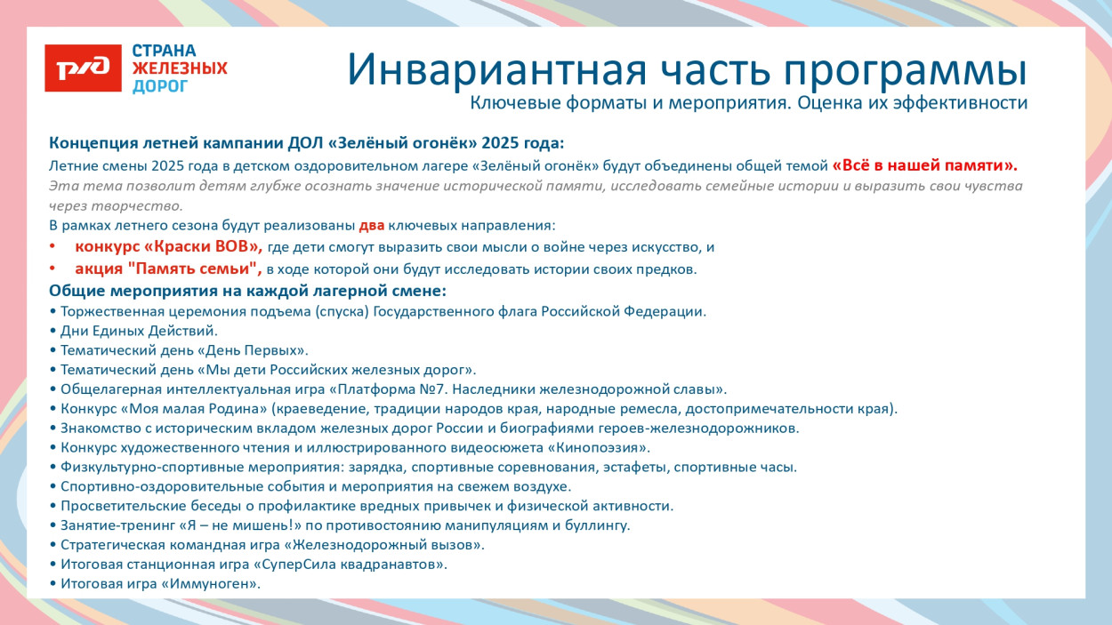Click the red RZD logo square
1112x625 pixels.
83,68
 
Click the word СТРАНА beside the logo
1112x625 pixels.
165,51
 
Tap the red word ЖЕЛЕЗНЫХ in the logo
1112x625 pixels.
180,68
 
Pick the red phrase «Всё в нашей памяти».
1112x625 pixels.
924,165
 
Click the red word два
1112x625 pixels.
371,226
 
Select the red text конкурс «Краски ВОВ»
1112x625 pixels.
168,247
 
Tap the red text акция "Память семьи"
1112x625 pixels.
168,268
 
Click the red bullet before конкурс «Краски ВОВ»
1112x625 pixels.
52,247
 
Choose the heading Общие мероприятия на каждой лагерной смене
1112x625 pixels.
247,291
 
